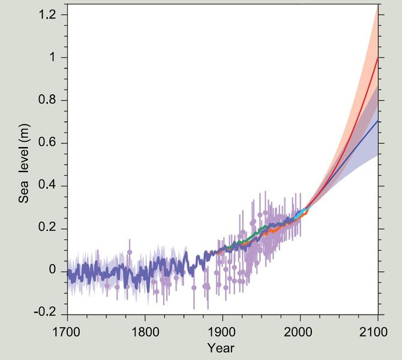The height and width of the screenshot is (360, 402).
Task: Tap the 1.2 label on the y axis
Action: (x=50, y=14)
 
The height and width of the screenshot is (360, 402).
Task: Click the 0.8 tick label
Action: (x=50, y=100)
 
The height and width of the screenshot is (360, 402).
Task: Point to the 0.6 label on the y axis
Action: (x=50, y=143)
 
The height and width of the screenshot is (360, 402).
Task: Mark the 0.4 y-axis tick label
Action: (x=50, y=185)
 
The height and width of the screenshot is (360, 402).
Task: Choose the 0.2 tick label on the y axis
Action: (x=50, y=229)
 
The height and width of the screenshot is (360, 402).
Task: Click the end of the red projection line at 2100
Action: (x=378, y=58)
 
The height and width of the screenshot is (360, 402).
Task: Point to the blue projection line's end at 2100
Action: (x=378, y=121)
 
